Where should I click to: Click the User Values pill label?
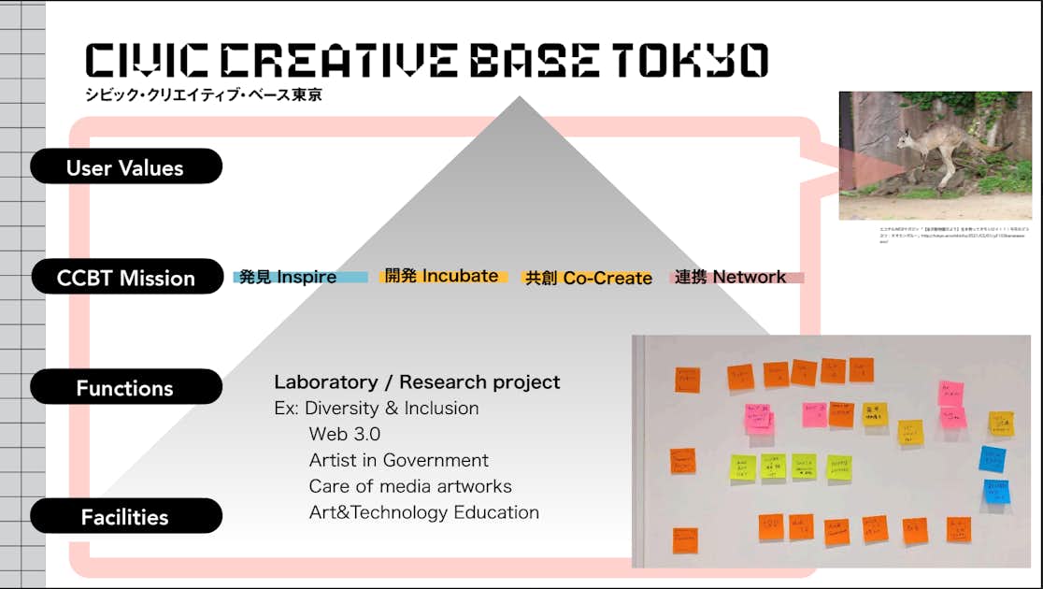click(x=125, y=168)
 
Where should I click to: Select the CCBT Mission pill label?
click(x=125, y=278)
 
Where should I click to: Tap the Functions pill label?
click(x=125, y=388)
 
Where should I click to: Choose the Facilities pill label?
click(x=125, y=517)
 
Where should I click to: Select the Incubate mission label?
click(x=445, y=276)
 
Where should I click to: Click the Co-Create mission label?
click(x=589, y=278)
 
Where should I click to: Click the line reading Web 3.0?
click(x=345, y=434)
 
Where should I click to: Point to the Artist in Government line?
click(x=399, y=460)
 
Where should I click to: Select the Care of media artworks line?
click(x=410, y=486)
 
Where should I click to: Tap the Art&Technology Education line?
click(x=424, y=512)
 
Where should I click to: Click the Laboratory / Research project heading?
click(x=417, y=381)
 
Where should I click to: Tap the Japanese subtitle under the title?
click(x=203, y=94)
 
